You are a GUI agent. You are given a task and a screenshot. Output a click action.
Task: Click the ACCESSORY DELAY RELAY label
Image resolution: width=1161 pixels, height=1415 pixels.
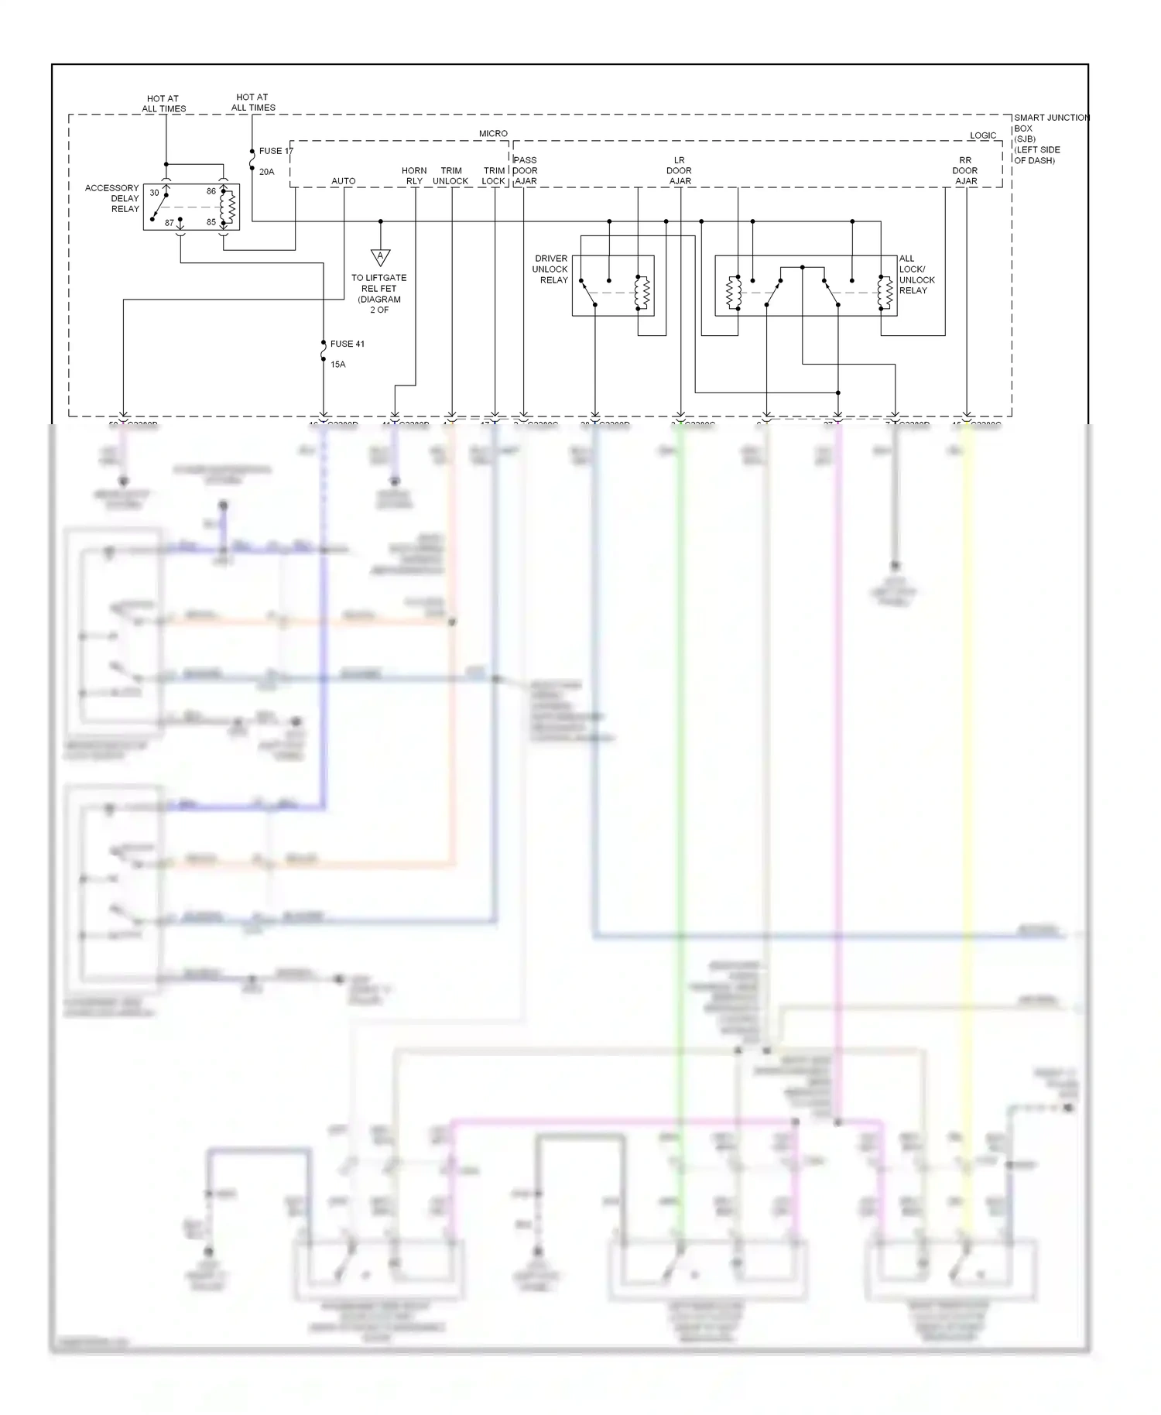pyautogui.click(x=113, y=198)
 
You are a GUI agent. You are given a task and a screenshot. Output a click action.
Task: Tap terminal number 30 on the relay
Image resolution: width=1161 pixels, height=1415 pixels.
pyautogui.click(x=154, y=193)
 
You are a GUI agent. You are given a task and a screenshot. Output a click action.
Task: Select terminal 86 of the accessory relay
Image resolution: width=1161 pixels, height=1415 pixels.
pyautogui.click(x=211, y=191)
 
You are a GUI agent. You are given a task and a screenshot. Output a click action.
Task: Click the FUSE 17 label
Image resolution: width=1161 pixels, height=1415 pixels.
pyautogui.click(x=276, y=152)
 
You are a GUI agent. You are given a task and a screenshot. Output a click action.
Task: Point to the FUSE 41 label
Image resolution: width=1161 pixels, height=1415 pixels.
pyautogui.click(x=347, y=344)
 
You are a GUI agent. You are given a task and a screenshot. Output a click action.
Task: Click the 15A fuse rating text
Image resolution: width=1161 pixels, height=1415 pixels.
pyautogui.click(x=337, y=364)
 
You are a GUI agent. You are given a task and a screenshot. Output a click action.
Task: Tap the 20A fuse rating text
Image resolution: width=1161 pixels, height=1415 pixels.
pyautogui.click(x=266, y=172)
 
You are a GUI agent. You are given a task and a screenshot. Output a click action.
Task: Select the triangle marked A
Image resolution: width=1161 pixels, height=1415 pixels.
pyautogui.click(x=380, y=257)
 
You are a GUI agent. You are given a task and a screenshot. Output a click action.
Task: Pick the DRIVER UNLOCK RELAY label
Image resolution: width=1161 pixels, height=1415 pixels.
pyautogui.click(x=550, y=269)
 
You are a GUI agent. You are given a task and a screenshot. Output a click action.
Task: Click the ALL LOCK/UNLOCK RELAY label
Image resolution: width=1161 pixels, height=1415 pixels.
pyautogui.click(x=916, y=275)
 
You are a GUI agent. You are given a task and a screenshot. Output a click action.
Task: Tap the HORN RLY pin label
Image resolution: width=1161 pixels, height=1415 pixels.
pyautogui.click(x=414, y=176)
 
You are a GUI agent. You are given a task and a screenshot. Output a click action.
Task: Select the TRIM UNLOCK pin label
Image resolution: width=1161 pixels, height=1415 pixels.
pyautogui.click(x=450, y=176)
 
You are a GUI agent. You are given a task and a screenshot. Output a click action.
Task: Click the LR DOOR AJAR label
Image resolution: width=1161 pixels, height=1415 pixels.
pyautogui.click(x=680, y=170)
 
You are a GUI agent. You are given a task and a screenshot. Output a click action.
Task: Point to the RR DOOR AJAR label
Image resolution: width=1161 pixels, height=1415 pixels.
pyautogui.click(x=965, y=170)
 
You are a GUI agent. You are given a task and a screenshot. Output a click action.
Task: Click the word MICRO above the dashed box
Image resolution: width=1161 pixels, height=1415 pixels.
pyautogui.click(x=493, y=134)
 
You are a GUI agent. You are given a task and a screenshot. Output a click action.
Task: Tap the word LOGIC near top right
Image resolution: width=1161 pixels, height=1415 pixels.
pyautogui.click(x=983, y=135)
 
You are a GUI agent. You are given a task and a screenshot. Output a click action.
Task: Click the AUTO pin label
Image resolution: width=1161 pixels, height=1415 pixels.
pyautogui.click(x=344, y=181)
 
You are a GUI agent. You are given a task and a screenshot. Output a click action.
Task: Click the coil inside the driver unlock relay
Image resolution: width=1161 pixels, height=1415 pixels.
pyautogui.click(x=641, y=292)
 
